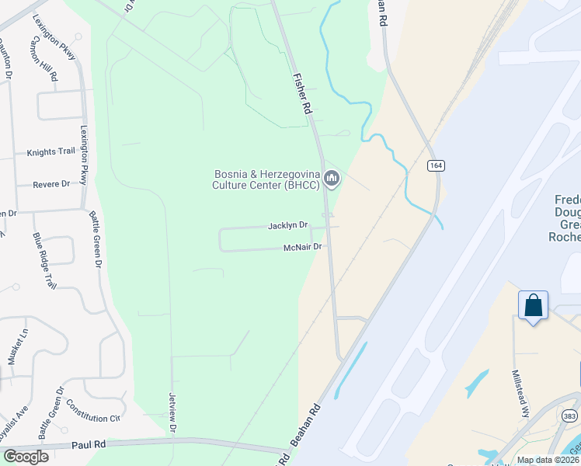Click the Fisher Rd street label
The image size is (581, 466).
[302, 96]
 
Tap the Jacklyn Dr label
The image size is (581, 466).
[287, 225]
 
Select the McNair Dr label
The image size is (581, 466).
[303, 248]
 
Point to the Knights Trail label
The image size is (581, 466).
[51, 152]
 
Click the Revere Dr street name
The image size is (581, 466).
[51, 184]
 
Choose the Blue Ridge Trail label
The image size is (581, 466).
[45, 260]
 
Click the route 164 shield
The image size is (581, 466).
[435, 165]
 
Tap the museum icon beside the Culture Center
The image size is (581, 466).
[332, 179]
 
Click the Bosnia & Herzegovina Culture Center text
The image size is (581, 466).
[266, 179]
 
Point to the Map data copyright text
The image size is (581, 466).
[548, 460]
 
